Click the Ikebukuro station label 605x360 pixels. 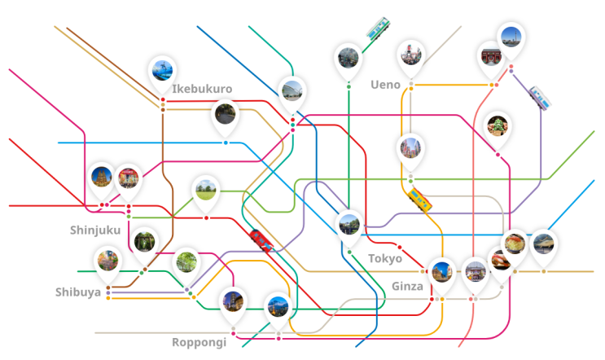(202, 89)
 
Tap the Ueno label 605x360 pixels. (385, 85)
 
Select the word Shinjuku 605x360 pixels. (95, 230)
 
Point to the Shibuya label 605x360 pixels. (78, 292)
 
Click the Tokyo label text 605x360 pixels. (385, 258)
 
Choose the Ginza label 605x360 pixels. (407, 287)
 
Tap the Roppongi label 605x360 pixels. (199, 342)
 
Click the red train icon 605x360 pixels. (261, 241)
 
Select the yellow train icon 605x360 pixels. (420, 200)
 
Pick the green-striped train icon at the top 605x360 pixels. (378, 28)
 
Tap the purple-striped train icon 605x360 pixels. (540, 98)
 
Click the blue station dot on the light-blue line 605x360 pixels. (226, 143)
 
